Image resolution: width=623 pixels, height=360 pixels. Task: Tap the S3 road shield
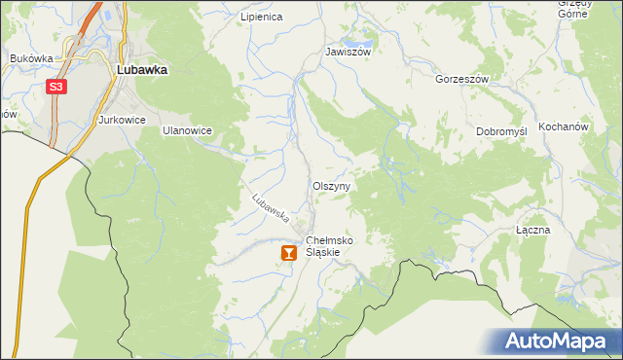pos(56,88)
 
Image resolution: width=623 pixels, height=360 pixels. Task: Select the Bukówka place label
pos(31,58)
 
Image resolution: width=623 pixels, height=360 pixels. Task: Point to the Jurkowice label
pos(122,120)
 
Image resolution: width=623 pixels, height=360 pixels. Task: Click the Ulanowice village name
pos(187,129)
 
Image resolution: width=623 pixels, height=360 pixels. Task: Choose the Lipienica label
pos(261,17)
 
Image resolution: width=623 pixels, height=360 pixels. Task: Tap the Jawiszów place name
pos(348,52)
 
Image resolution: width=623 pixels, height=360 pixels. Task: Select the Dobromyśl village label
pos(501,130)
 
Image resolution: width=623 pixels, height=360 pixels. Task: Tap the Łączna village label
pos(533,231)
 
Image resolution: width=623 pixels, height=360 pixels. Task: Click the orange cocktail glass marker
pos(288,253)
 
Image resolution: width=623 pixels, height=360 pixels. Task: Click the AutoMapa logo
pos(558,342)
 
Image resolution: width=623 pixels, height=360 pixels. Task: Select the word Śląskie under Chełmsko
pos(322,252)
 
